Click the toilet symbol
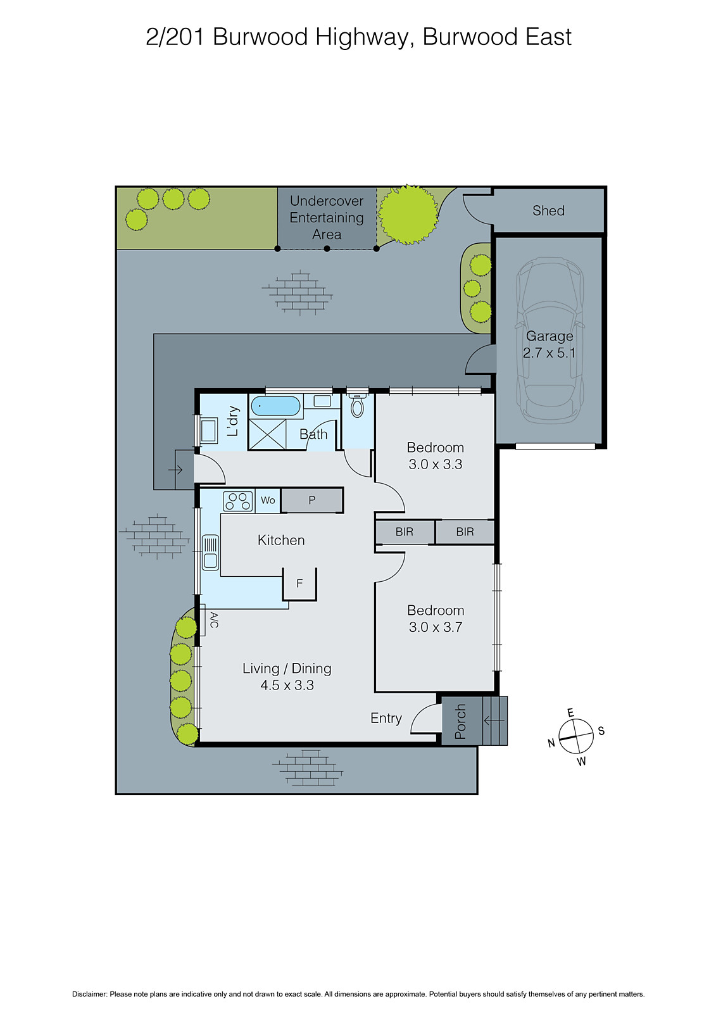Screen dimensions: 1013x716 358,406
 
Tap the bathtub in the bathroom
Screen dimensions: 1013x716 275,406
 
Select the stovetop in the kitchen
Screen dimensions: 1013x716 238,501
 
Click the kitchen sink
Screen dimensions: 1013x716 210,552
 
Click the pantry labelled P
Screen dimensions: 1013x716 311,500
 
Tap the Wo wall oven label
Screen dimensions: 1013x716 268,500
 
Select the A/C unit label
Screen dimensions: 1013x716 213,620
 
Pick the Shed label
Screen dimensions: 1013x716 548,211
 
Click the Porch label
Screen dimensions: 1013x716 460,721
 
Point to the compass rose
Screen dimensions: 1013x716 576,737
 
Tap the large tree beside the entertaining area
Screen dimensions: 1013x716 408,214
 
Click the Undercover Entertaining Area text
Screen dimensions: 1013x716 327,217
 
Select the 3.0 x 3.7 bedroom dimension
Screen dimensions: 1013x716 436,627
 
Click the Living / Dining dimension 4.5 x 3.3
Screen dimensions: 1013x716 287,685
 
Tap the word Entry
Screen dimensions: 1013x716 386,718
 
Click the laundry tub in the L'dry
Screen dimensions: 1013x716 208,431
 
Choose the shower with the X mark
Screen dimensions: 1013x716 267,434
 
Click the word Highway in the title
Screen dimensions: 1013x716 363,37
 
